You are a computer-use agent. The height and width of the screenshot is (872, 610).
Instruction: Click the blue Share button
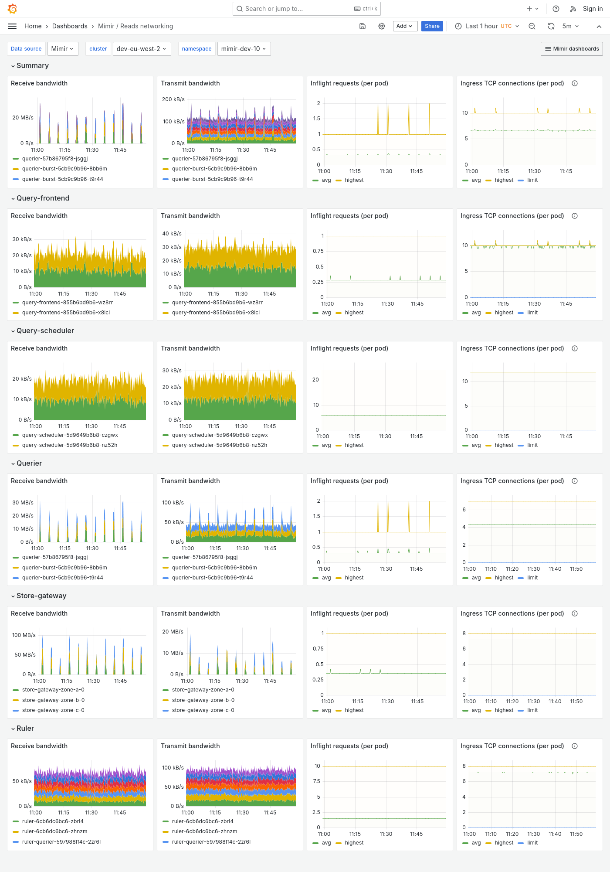[432, 26]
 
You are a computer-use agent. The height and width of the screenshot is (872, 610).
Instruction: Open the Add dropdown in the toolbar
[405, 26]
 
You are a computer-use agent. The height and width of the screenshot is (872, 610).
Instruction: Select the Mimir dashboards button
[572, 49]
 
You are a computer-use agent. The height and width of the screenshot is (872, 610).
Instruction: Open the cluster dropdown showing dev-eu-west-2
[142, 49]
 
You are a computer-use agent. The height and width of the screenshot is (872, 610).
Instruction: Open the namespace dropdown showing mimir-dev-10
[244, 49]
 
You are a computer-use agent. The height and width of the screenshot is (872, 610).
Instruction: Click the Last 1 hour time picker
[487, 26]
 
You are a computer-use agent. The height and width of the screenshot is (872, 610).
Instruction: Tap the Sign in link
[593, 9]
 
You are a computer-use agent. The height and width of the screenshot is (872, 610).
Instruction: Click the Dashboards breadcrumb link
[70, 26]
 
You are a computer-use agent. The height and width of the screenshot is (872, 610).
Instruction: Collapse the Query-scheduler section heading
[45, 330]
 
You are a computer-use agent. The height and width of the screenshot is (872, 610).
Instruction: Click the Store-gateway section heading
[41, 596]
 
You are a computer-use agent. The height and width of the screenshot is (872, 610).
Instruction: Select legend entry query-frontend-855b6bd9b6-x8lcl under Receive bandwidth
[66, 313]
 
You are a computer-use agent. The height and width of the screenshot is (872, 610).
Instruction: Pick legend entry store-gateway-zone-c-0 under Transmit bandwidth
[203, 710]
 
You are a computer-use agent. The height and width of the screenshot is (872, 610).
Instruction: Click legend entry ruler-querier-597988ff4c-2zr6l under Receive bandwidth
[61, 842]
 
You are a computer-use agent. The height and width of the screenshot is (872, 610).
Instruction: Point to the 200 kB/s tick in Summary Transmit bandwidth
[173, 99]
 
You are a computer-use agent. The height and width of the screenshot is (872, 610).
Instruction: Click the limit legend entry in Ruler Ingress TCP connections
[532, 843]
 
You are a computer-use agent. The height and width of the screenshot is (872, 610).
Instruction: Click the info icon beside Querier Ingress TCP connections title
[575, 481]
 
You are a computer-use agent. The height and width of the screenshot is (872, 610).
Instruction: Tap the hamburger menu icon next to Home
[12, 26]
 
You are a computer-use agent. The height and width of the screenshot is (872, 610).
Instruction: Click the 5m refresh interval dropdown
[570, 26]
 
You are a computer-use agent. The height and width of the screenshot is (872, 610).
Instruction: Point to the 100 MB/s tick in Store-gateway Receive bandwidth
[24, 635]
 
